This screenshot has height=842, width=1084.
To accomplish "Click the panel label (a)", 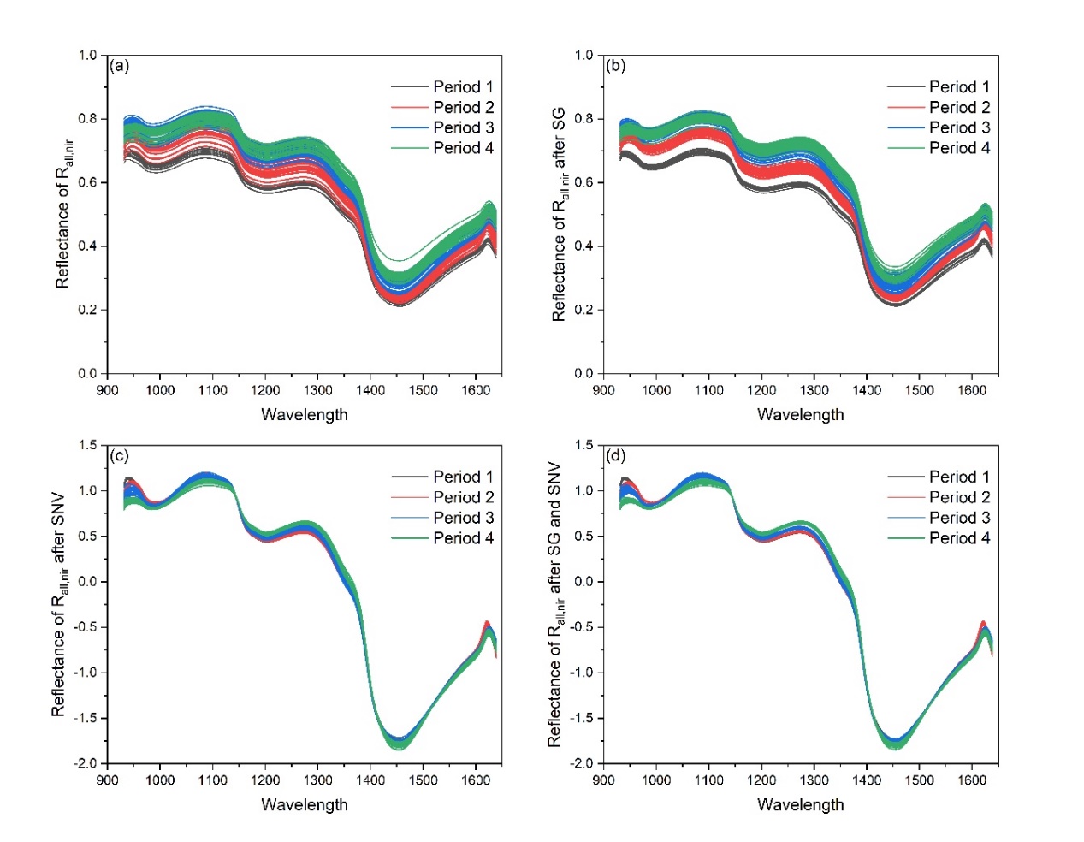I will (120, 66).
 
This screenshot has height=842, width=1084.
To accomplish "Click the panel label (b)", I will (615, 66).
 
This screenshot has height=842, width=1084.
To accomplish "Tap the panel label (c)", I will (120, 455).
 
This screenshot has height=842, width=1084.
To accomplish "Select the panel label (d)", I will (615, 455).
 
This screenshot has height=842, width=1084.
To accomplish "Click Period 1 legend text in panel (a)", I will (463, 86).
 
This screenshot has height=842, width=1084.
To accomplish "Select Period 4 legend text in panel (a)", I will (463, 148).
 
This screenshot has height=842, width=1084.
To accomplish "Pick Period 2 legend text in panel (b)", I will (959, 107).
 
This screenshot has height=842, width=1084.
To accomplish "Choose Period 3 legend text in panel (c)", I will (463, 518).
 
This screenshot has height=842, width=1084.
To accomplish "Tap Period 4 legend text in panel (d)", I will (959, 538).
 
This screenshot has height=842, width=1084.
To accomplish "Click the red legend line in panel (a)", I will (409, 107).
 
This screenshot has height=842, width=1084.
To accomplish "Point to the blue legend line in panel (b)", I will (905, 127).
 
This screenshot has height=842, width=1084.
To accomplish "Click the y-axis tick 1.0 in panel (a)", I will (88, 55).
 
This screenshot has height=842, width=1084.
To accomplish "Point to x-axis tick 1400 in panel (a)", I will (370, 390).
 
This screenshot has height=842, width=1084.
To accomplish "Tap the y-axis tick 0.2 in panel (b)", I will (583, 310).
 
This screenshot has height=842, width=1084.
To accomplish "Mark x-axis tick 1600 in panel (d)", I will (972, 780).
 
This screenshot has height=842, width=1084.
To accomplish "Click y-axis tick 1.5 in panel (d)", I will (583, 445).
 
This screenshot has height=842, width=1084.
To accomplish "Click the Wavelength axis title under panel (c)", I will (305, 804).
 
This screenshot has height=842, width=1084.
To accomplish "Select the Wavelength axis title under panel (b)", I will (800, 414).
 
